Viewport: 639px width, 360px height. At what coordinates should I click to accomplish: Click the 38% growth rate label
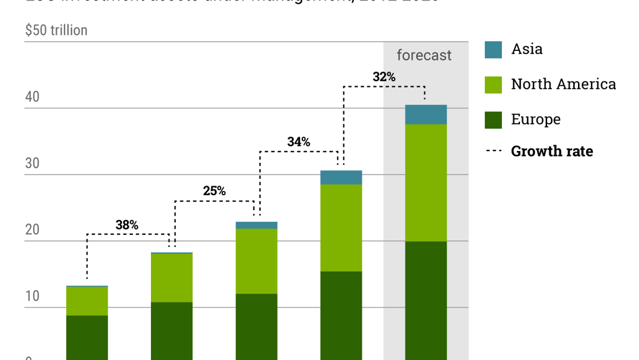tap(127, 225)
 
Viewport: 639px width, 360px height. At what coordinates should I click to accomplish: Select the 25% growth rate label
tap(214, 191)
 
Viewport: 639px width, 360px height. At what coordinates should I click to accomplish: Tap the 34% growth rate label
tap(299, 142)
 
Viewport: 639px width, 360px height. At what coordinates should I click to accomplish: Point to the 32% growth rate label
tap(384, 77)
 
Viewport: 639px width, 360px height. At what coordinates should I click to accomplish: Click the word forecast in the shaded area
tap(424, 55)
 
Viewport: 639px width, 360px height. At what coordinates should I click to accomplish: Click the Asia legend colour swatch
tap(493, 50)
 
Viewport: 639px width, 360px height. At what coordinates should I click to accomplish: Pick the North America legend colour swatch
tap(493, 85)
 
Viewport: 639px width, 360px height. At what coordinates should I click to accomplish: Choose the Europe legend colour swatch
tap(493, 120)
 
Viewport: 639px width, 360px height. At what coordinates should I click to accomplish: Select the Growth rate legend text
tap(552, 151)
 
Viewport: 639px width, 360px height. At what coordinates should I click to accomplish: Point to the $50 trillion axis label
tap(56, 30)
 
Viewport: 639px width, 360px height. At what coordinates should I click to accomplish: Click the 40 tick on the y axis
tap(32, 97)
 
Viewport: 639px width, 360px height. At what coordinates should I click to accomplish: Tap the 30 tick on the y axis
tap(32, 163)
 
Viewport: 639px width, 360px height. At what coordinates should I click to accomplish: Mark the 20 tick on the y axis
tap(32, 230)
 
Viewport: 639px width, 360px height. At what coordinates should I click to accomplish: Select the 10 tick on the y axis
tap(32, 296)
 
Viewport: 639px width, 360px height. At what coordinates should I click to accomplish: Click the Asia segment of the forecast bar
tap(425, 115)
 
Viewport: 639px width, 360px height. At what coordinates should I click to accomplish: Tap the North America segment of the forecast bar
tap(425, 182)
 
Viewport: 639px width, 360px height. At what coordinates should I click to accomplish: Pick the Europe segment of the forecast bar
tap(425, 300)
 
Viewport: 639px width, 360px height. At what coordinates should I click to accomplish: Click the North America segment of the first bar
tap(87, 301)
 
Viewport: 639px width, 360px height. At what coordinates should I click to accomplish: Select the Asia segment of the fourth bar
tap(341, 177)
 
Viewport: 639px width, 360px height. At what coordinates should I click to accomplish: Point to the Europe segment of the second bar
tap(171, 331)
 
